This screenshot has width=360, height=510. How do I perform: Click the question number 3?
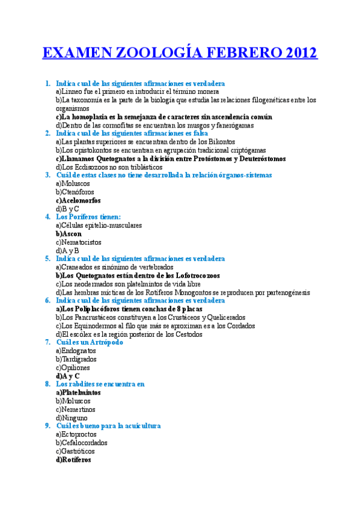pos(47,175)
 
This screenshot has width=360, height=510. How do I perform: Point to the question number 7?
pos(47,342)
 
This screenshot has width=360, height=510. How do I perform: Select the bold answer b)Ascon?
pos(69,233)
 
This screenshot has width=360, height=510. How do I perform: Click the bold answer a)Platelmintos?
pos(78,392)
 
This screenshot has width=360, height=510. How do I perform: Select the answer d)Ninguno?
pos(72,417)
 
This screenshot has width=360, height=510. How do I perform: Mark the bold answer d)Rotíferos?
pos(73,459)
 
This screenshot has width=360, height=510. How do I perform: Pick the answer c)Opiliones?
pos(73,367)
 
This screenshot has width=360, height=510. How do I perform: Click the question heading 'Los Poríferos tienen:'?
pos(88,217)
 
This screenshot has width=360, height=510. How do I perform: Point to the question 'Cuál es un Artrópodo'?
pos(90,342)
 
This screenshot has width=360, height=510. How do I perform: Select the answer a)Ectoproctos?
pos(76,434)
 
